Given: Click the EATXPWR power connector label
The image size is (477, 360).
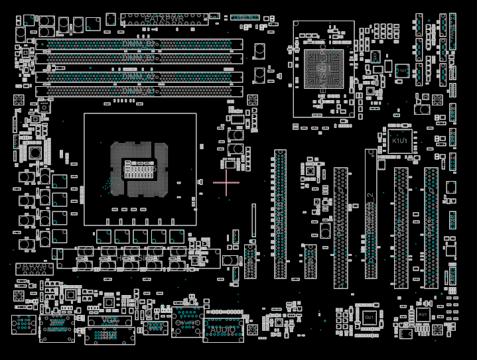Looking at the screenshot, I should tap(164, 18).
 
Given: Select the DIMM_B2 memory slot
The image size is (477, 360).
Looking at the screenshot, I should tap(139, 44).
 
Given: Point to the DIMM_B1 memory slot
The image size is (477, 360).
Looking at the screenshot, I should tap(139, 58).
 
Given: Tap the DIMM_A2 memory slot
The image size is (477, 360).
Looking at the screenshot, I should tap(139, 77).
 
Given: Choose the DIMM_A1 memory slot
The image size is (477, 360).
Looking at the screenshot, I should tap(139, 91).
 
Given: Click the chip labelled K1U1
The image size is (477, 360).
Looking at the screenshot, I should tap(400, 141).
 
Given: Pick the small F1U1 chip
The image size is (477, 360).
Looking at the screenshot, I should tap(401, 70).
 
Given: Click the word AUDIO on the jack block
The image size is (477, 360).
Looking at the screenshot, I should tap(223, 330).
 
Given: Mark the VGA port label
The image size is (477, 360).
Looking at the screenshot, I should tap(109, 320).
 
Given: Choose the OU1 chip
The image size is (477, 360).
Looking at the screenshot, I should tap(370, 318).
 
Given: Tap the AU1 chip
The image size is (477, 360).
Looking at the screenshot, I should tap(423, 314).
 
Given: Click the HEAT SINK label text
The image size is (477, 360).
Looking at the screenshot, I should tap(138, 258).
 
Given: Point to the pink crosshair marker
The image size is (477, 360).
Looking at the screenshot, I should tap(226, 181).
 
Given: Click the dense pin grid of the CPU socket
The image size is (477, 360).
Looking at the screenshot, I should tap(139, 170).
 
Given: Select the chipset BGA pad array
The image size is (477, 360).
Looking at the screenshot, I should tap(324, 68).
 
